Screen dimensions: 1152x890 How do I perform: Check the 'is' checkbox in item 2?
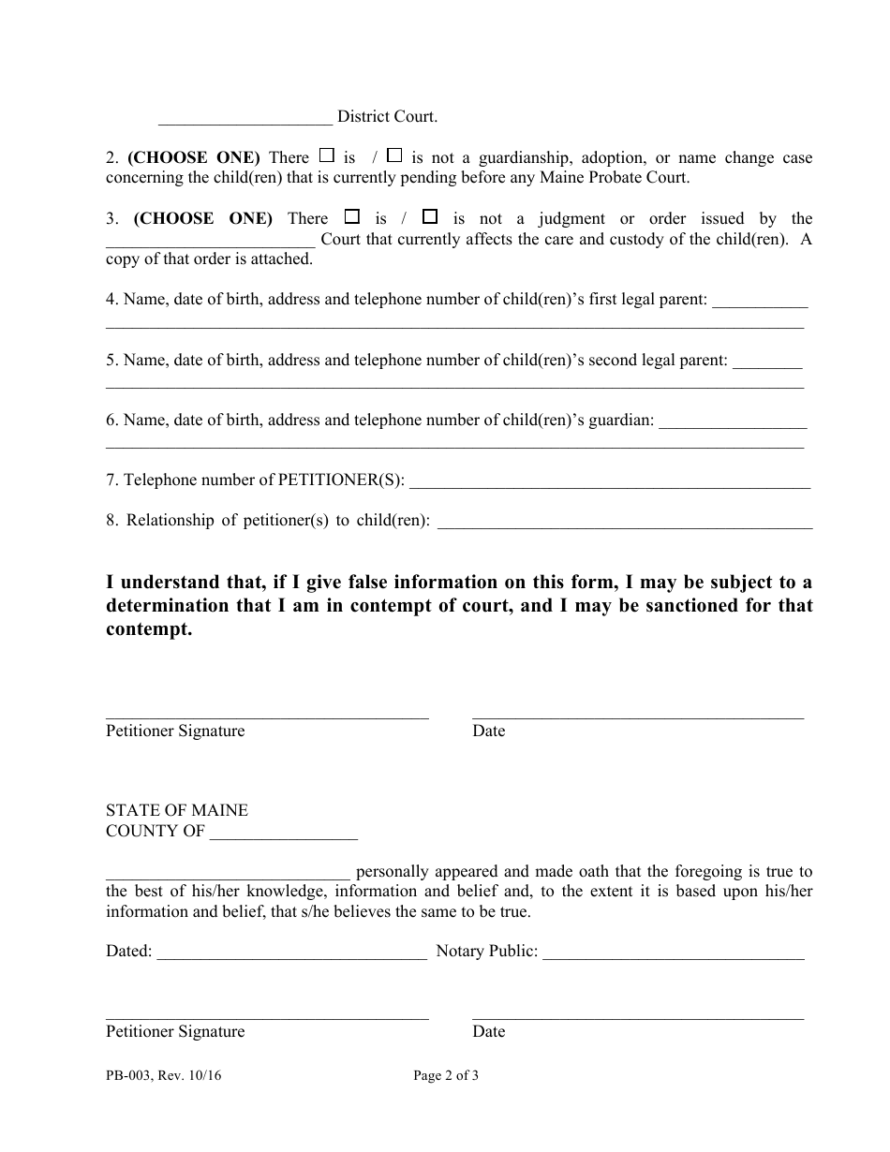pyautogui.click(x=327, y=155)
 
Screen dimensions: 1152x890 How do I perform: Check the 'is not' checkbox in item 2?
pyautogui.click(x=394, y=155)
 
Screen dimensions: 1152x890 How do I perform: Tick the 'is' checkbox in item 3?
pyautogui.click(x=352, y=216)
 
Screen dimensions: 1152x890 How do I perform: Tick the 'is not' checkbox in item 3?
pyautogui.click(x=429, y=216)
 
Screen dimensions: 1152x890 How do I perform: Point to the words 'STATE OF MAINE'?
pyautogui.click(x=177, y=810)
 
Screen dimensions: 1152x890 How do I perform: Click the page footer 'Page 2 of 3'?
pyautogui.click(x=446, y=1076)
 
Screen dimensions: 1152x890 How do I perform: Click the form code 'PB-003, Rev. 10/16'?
pyautogui.click(x=164, y=1076)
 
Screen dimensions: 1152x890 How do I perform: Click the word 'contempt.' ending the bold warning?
pyautogui.click(x=149, y=629)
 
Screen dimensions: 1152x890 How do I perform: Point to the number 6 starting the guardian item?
pyautogui.click(x=111, y=421)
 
